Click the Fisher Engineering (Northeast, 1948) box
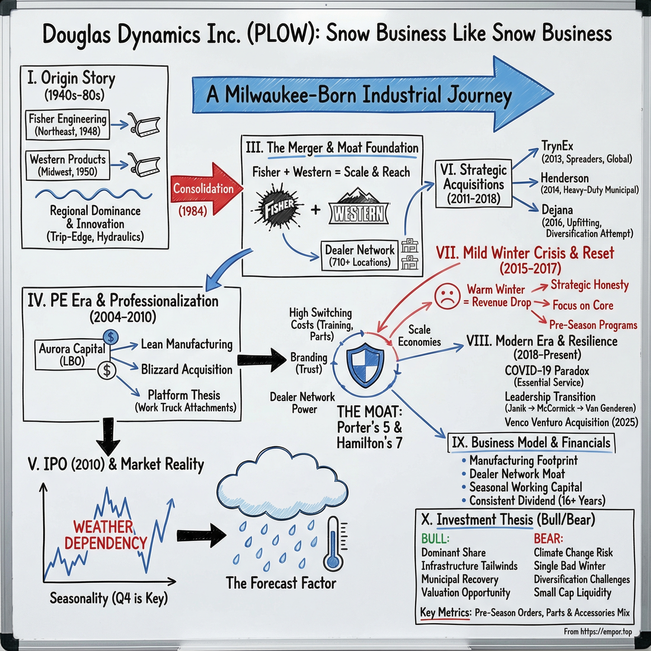tap(67, 125)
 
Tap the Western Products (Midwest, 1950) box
tap(67, 165)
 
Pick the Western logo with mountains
tap(359, 207)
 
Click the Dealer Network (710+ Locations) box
tap(359, 256)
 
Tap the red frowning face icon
tap(447, 297)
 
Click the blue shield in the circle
tap(365, 364)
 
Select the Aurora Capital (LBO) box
tap(72, 354)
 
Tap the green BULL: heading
tap(435, 538)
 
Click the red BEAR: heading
tap(548, 538)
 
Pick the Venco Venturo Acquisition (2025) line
tap(571, 422)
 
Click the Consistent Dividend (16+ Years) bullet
tap(537, 500)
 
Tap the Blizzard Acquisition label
tap(186, 369)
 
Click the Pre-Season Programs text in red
tap(593, 325)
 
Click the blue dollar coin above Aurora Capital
tap(111, 336)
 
